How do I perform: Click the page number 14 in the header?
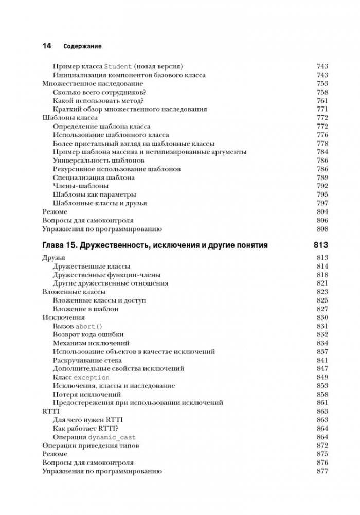(46, 46)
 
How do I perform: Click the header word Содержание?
(82, 46)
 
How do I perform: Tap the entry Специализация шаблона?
(94, 177)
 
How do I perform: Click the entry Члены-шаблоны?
(81, 186)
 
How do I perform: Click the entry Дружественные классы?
(92, 267)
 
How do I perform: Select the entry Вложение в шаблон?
(86, 309)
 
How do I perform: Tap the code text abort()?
(89, 326)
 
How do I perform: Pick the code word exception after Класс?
(92, 377)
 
